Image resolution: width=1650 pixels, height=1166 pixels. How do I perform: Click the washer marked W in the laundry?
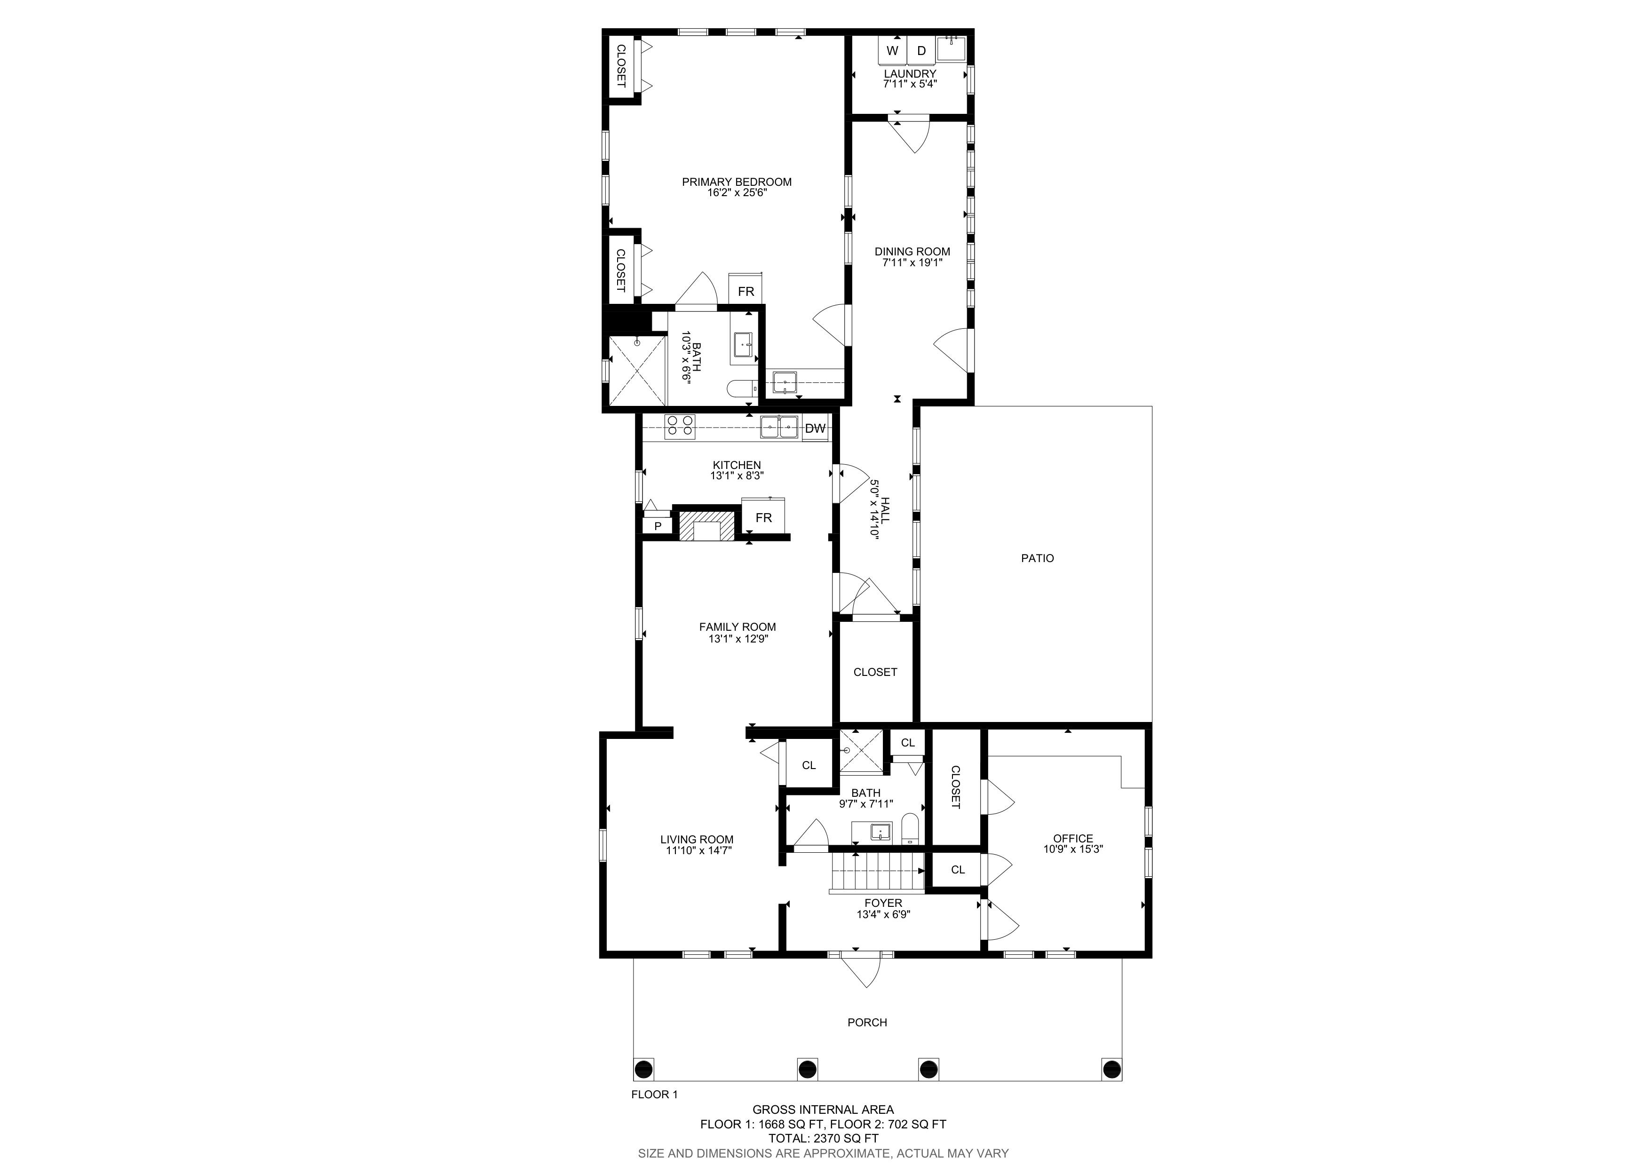coord(893,50)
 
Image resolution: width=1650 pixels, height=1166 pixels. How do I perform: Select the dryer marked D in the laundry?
coord(921,50)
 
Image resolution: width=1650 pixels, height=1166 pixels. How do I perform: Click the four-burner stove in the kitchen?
coord(679,427)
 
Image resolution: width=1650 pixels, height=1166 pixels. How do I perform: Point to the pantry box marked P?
coord(657,526)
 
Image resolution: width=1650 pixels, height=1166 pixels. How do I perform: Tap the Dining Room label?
coord(912,252)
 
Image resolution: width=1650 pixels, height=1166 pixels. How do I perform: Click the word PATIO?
coord(1037,558)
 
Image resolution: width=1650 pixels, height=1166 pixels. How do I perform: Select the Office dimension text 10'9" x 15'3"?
coord(1073,849)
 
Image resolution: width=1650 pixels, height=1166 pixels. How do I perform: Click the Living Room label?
coord(697,839)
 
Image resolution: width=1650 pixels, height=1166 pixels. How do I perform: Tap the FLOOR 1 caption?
coord(654,1095)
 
